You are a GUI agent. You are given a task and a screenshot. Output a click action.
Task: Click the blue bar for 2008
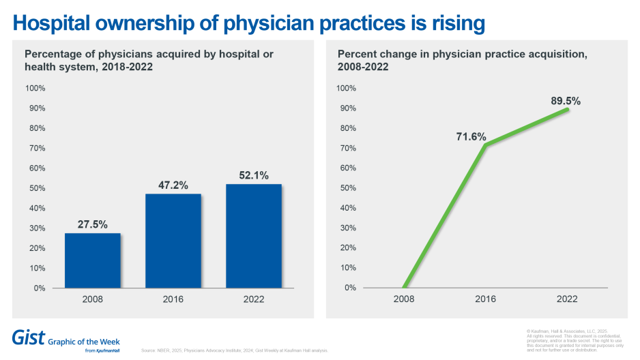(x=92, y=260)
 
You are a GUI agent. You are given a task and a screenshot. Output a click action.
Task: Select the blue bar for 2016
(x=173, y=241)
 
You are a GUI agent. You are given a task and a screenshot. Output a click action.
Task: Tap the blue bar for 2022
(x=254, y=236)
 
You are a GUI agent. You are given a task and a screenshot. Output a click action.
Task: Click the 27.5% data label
(x=92, y=224)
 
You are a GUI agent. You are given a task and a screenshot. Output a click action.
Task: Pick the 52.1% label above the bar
(x=254, y=175)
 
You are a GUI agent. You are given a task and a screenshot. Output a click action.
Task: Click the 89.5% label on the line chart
(x=566, y=100)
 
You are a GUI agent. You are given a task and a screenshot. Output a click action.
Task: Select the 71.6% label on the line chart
(x=471, y=136)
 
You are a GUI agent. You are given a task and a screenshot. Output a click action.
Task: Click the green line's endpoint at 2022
(x=567, y=109)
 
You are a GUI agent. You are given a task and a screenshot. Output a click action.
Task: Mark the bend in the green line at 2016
(x=485, y=145)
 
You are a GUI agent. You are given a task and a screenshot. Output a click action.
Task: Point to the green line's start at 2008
(x=404, y=288)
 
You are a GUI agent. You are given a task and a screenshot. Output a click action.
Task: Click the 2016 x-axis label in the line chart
(x=485, y=299)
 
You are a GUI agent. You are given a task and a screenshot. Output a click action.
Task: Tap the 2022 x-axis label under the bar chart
(x=254, y=299)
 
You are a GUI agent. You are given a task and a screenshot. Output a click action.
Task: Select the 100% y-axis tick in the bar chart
(x=35, y=89)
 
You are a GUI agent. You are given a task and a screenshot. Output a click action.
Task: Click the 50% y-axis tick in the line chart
(x=347, y=188)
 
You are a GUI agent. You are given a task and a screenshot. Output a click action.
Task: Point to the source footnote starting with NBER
(x=235, y=350)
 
